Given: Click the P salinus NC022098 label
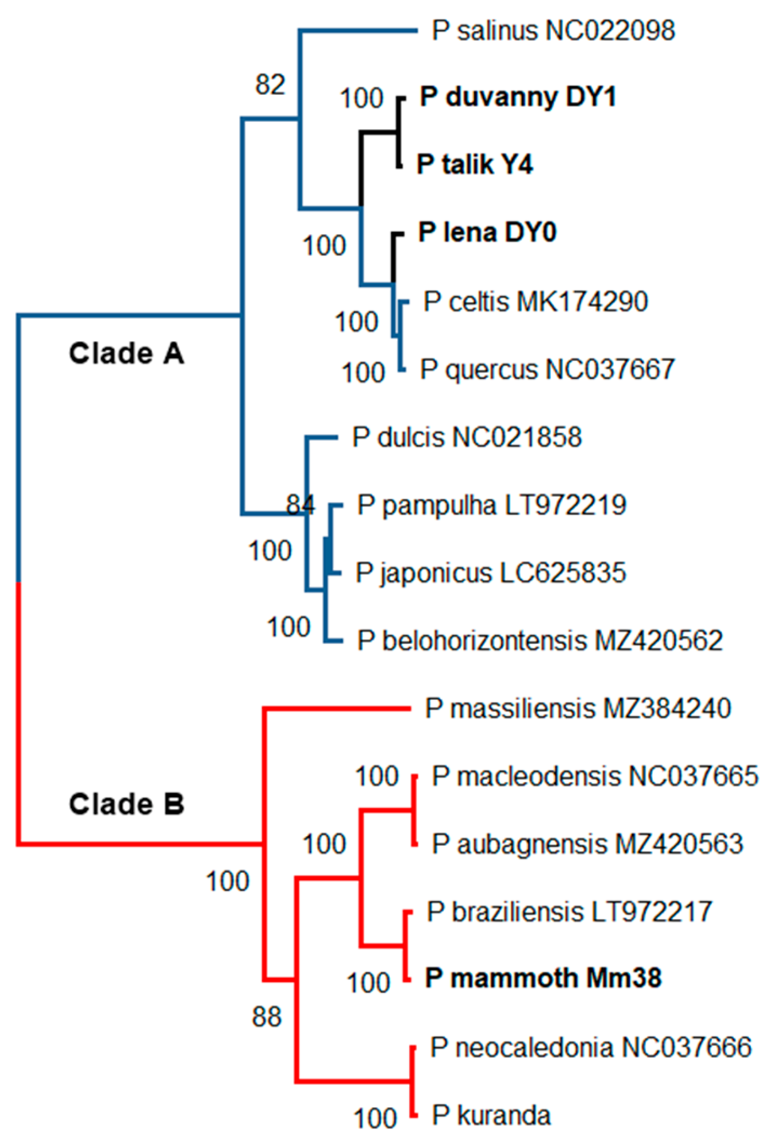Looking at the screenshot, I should (x=553, y=30).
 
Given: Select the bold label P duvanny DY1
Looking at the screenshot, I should (x=518, y=96).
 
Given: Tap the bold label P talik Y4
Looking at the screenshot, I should (x=475, y=164).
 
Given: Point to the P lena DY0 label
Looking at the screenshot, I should (x=487, y=233).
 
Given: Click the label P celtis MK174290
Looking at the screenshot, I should (x=535, y=301).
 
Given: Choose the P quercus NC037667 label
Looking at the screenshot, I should (x=547, y=369).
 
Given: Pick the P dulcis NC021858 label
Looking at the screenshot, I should (x=467, y=438).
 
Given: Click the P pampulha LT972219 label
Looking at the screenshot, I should (x=491, y=505).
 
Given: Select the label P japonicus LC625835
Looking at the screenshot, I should (x=490, y=573).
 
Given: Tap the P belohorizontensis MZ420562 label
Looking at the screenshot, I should (x=540, y=641).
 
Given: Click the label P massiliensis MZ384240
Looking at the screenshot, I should (x=577, y=709).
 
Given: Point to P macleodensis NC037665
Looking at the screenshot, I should (x=595, y=776).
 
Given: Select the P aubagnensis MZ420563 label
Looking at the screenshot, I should (x=587, y=844).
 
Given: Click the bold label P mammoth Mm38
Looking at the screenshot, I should (x=543, y=978).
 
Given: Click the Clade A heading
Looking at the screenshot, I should (x=126, y=353).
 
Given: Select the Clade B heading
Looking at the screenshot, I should (x=126, y=804).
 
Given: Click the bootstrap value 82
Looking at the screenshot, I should (x=270, y=85).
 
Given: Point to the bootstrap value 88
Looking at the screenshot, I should (x=267, y=1017).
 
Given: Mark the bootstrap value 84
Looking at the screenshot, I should (x=301, y=504).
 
